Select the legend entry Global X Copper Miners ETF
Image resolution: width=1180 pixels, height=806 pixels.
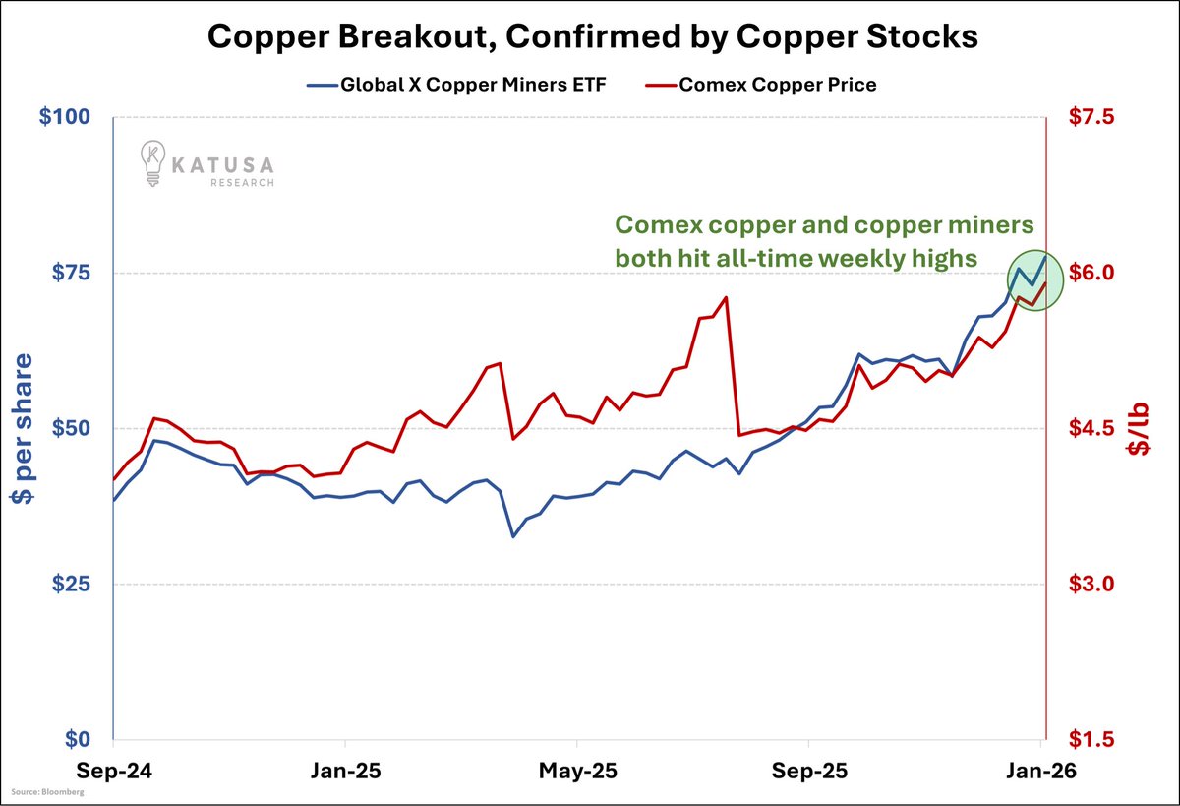point(473,85)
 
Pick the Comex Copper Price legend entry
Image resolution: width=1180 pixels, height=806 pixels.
point(777,85)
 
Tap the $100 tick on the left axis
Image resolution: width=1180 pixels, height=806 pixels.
point(65,117)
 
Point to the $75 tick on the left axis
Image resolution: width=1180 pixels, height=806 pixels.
point(71,273)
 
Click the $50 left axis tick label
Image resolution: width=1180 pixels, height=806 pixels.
point(71,428)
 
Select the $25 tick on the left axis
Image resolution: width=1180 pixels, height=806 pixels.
point(71,584)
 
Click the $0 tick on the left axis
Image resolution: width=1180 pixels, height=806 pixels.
point(83,739)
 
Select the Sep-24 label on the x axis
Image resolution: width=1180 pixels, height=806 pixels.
point(113,772)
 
